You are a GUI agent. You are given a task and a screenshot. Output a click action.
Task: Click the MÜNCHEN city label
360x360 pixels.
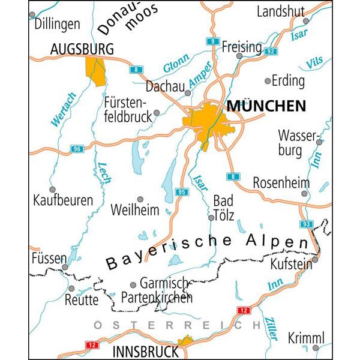coord(266,107)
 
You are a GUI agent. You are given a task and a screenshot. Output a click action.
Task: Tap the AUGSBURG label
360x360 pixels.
coord(82,49)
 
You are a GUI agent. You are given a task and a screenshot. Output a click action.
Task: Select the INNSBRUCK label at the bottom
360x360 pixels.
coord(145,351)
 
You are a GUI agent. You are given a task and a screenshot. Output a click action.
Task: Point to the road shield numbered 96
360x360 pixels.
coord(76,149)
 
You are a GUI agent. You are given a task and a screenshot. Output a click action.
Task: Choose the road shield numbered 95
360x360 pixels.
coord(182,192)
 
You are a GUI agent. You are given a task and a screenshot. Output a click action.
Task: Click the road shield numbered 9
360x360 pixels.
coord(212,41)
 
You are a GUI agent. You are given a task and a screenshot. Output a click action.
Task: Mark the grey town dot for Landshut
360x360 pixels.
coord(305,21)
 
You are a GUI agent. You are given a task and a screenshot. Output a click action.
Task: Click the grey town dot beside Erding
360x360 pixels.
coord(268,80)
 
